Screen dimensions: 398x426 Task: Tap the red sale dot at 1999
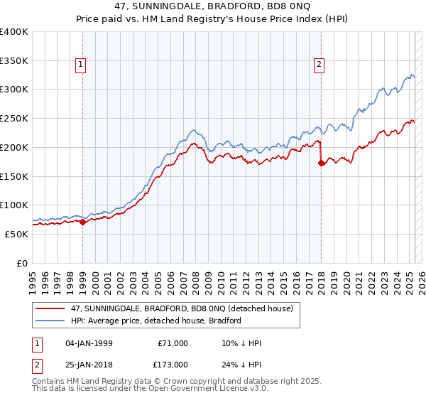(82, 222)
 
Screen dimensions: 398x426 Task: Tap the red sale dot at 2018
(321, 163)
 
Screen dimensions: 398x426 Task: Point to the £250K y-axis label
(14, 118)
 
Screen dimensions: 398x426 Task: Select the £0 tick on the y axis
(22, 263)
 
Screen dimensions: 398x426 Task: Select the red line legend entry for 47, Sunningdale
(170, 308)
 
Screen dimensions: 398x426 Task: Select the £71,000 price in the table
(172, 343)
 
